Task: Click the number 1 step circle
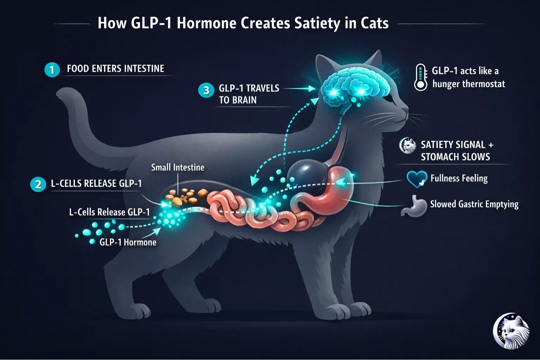tap(52, 70)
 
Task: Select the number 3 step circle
tap(206, 90)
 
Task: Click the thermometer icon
tap(420, 77)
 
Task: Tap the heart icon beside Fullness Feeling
tap(417, 179)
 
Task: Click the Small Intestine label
tap(178, 167)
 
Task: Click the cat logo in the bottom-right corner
tap(511, 332)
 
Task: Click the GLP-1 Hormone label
tap(128, 242)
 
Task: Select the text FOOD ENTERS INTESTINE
tap(115, 69)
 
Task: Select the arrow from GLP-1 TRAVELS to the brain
tap(299, 89)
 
